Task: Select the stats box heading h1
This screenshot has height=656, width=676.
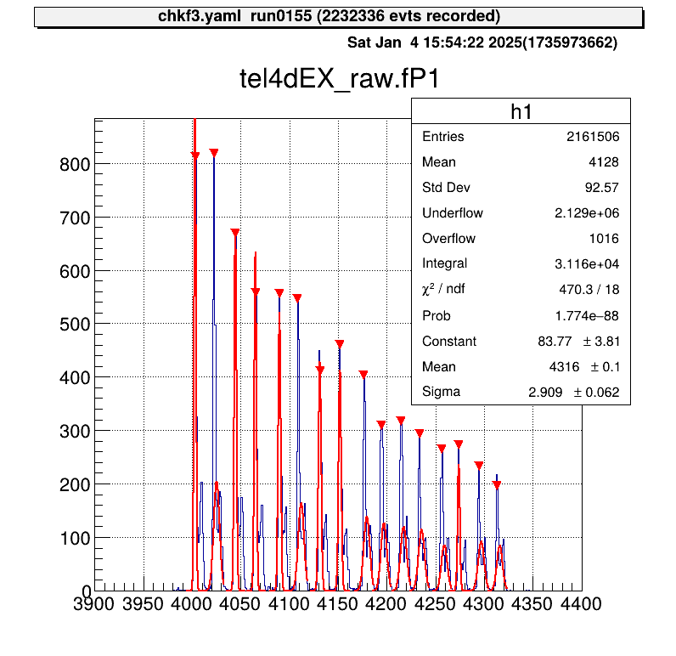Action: point(521,111)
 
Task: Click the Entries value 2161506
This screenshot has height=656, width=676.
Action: point(592,137)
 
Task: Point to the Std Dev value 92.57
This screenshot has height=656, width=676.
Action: point(601,188)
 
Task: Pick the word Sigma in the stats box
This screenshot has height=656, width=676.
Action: point(441,392)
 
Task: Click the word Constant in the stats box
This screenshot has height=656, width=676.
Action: point(449,342)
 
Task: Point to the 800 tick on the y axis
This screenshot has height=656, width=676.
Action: point(74,164)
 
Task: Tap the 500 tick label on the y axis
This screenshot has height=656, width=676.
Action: point(74,325)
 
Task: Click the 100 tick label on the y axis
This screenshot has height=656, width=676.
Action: point(74,538)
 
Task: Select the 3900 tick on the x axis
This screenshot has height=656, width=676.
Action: point(94,604)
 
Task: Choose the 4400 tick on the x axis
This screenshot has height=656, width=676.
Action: point(582,604)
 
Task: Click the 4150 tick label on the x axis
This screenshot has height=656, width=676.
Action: point(338,604)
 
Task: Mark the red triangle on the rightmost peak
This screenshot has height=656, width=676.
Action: point(497,485)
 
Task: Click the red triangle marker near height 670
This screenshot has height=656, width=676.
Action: point(235,233)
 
